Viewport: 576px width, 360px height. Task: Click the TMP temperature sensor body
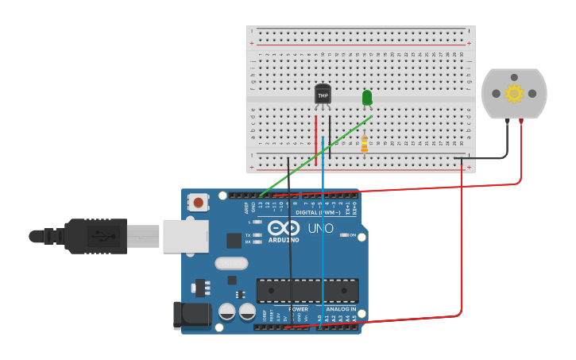[x=323, y=94]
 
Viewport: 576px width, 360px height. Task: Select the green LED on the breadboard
[x=367, y=98]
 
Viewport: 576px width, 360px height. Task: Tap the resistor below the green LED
[x=365, y=144]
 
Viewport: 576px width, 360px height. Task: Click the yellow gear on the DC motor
[x=514, y=94]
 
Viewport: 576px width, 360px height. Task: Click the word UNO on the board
[x=320, y=228]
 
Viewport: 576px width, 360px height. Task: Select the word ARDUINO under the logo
[x=284, y=239]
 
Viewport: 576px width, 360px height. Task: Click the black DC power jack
[x=191, y=315]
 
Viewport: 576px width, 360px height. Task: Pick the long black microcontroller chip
[x=307, y=290]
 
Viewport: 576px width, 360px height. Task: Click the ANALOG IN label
[x=342, y=308]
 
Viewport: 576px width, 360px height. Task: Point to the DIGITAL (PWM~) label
[x=318, y=212]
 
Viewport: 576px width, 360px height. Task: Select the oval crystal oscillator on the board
[x=231, y=263]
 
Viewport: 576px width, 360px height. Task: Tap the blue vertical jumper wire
[x=323, y=238]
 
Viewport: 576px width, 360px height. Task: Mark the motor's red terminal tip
[x=521, y=122]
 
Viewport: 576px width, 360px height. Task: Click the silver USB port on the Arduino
[x=185, y=236]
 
